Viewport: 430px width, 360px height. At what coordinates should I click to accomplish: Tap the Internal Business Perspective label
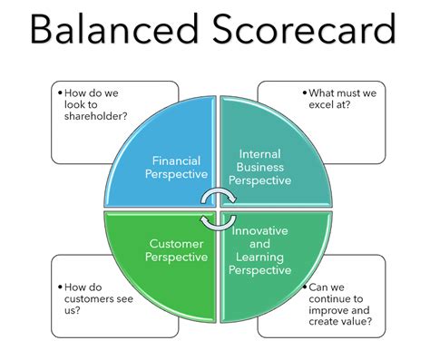tap(259, 167)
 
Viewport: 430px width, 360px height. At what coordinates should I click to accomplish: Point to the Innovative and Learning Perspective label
tap(261, 250)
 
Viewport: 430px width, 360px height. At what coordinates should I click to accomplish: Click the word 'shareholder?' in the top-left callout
tap(102, 115)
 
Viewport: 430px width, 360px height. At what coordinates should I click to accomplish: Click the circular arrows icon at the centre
tap(216, 209)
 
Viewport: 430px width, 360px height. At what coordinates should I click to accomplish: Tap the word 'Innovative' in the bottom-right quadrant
tap(261, 231)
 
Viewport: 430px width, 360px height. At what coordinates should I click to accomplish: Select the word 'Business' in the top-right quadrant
tap(260, 167)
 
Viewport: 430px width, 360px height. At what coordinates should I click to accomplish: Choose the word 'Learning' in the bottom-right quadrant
tap(260, 257)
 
